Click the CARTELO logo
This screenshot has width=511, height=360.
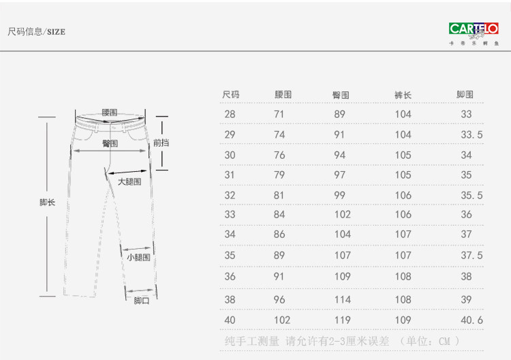474,29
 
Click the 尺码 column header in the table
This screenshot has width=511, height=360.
231,95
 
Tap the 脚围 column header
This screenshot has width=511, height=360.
465,95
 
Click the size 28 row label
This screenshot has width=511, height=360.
230,115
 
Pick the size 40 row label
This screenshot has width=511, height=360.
230,319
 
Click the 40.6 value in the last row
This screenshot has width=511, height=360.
471,319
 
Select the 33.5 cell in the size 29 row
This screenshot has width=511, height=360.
471,135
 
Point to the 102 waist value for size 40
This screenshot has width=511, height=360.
281,319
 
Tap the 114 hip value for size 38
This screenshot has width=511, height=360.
342,299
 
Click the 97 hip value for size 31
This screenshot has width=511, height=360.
339,175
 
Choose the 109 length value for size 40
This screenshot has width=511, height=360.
403,319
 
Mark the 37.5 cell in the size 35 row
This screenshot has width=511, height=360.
471,256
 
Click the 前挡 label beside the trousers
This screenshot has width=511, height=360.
161,143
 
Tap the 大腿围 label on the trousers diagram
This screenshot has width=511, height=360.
129,182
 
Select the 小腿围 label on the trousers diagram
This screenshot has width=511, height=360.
138,258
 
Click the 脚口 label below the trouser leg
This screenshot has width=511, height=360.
141,301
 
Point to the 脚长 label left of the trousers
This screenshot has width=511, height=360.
47,202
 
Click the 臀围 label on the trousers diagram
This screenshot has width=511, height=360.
110,144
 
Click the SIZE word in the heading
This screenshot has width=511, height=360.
56,32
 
